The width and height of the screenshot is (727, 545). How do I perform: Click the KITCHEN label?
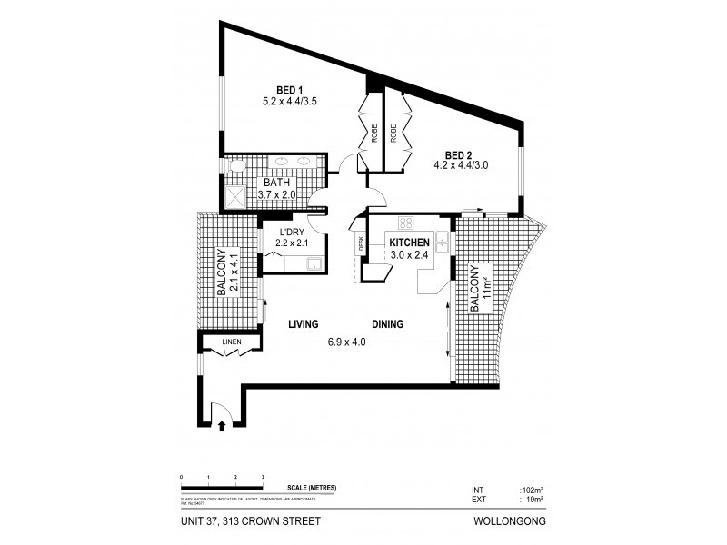coord(408,243)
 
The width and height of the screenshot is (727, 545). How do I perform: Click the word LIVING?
coord(302,324)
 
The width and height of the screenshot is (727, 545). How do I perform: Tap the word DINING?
coord(387,324)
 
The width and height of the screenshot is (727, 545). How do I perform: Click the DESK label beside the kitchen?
coord(362,243)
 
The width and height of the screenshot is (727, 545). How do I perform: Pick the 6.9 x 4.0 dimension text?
coord(347,342)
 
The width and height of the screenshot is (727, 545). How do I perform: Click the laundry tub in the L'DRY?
coord(314,264)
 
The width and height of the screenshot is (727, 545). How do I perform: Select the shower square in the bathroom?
coord(236,197)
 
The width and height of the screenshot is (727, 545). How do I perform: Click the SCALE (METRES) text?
coord(311,488)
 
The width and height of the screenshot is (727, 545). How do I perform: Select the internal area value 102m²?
coord(532,488)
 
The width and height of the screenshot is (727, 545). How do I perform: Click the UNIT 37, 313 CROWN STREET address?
coord(246,521)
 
